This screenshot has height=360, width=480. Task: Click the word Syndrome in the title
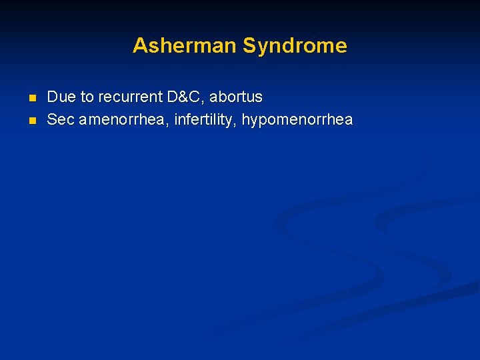coord(295,45)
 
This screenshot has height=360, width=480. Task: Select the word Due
coord(61,97)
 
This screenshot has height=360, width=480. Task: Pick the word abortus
coord(236,97)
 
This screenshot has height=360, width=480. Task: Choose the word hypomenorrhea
coord(297,120)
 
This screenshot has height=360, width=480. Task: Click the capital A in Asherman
coord(140,45)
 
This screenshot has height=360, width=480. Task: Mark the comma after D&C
coord(203,101)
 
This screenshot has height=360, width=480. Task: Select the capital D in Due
coord(53,97)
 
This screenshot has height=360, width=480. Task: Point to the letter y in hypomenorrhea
coord(254,122)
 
